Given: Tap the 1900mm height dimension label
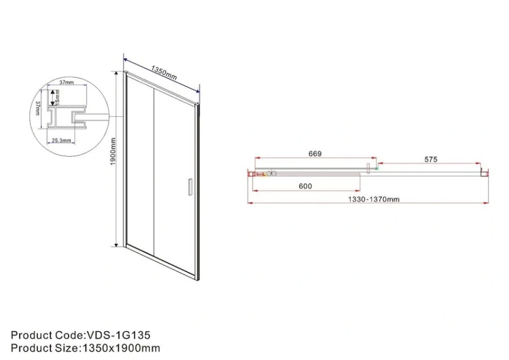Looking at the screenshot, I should [x=113, y=155].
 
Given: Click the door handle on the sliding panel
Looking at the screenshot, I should [x=190, y=187].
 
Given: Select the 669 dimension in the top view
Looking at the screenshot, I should [x=315, y=154].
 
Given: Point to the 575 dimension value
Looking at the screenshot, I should [x=430, y=159].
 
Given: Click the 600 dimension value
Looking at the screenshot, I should [x=306, y=186].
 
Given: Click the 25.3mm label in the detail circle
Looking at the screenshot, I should [x=61, y=140].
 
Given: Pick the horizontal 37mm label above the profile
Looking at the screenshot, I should [x=67, y=82].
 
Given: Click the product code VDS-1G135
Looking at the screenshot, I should [x=120, y=335].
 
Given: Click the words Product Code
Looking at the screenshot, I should [x=44, y=335].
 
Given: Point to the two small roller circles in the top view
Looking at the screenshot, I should [x=271, y=174].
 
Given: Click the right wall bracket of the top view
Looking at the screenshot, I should [x=483, y=173].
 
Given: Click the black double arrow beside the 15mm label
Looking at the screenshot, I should [x=52, y=96].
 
